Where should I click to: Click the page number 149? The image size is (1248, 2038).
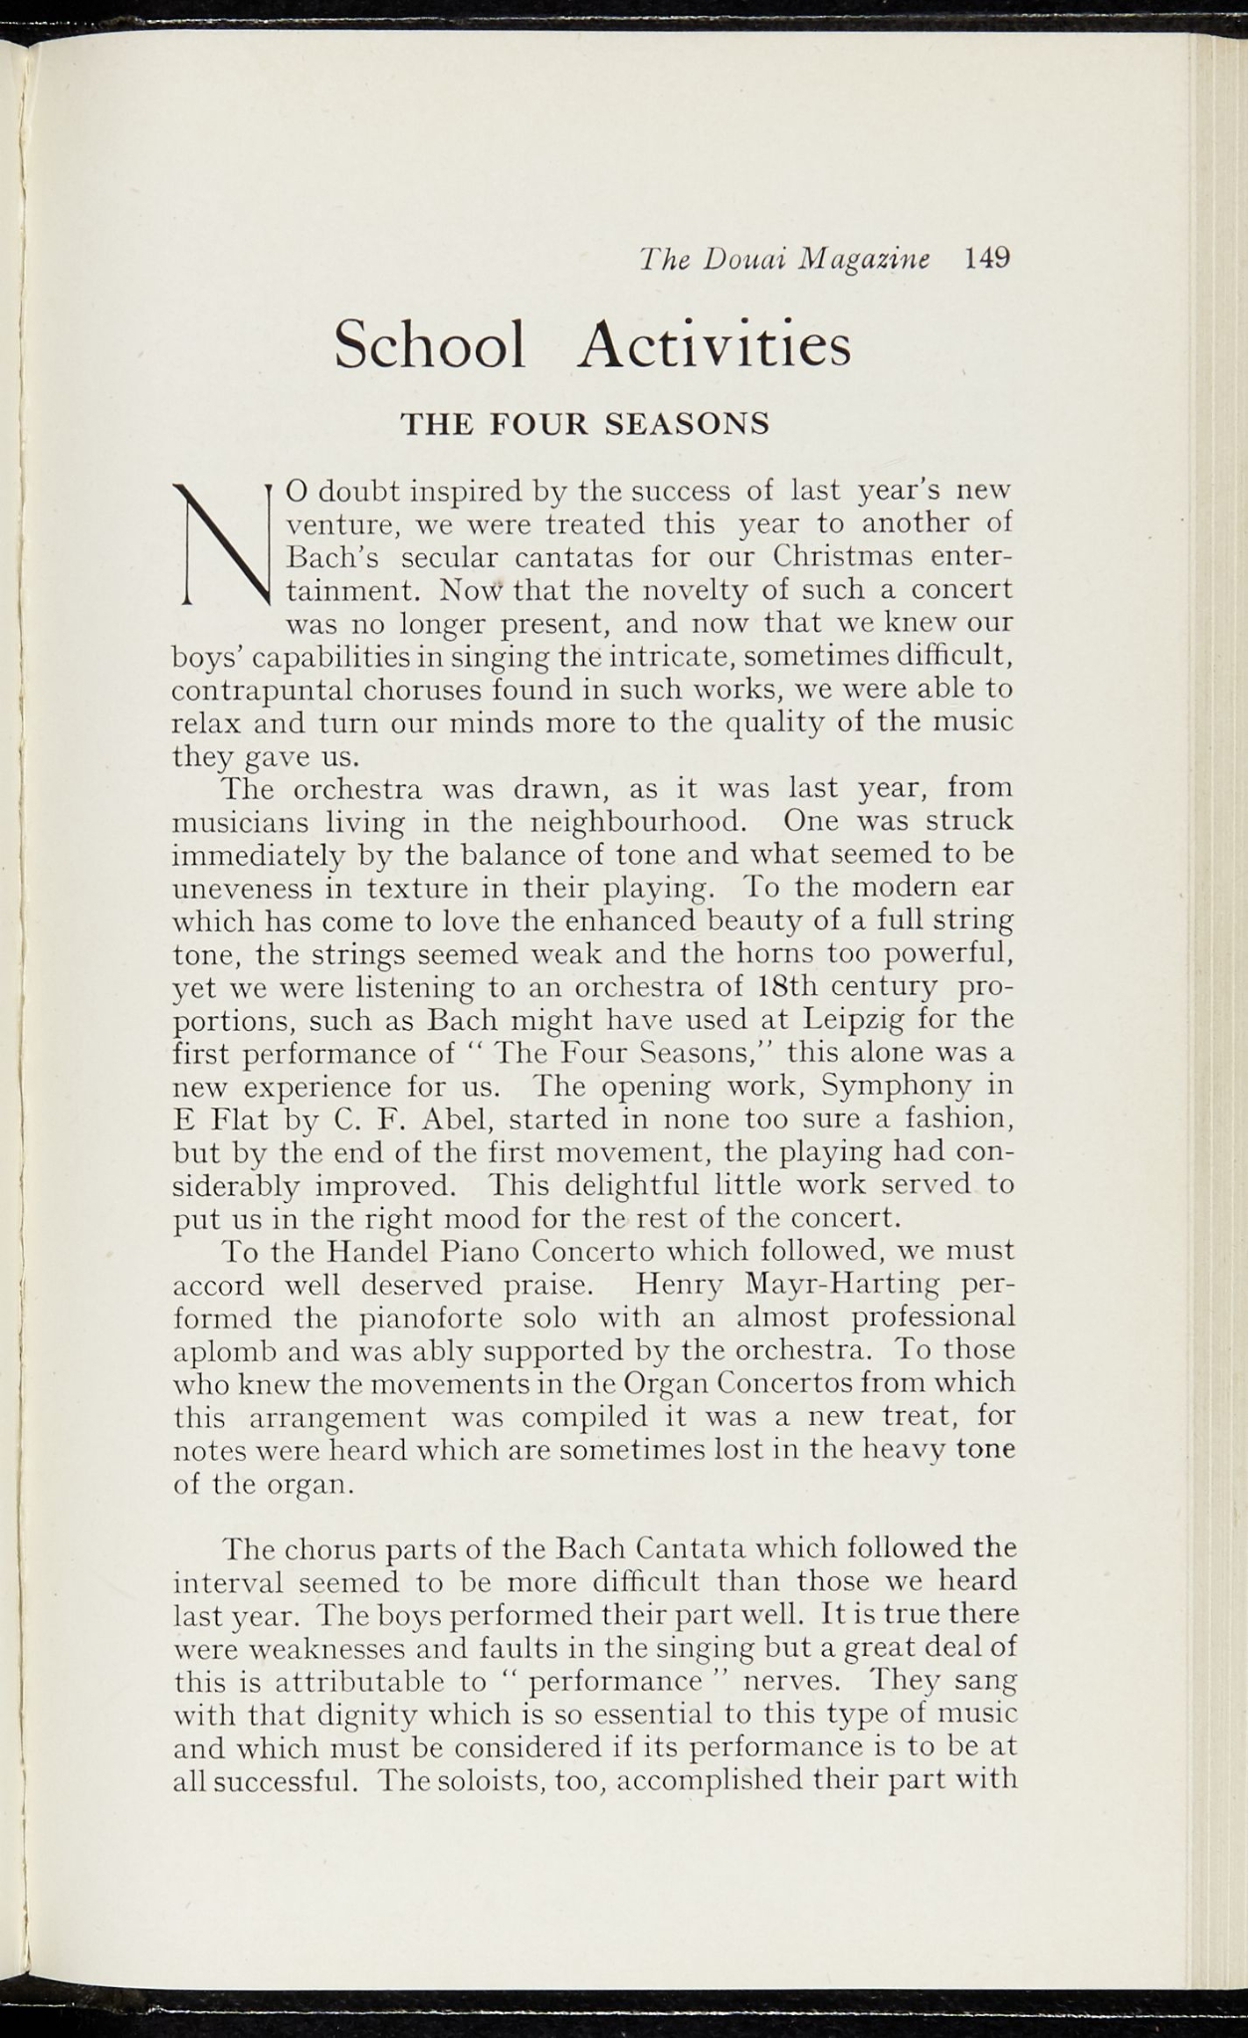[x=986, y=259]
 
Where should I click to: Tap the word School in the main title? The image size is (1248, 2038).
[x=430, y=345]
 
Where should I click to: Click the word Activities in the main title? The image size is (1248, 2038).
[x=715, y=345]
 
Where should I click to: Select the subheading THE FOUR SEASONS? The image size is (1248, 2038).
[x=585, y=424]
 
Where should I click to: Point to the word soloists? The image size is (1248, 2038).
[x=488, y=1780]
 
